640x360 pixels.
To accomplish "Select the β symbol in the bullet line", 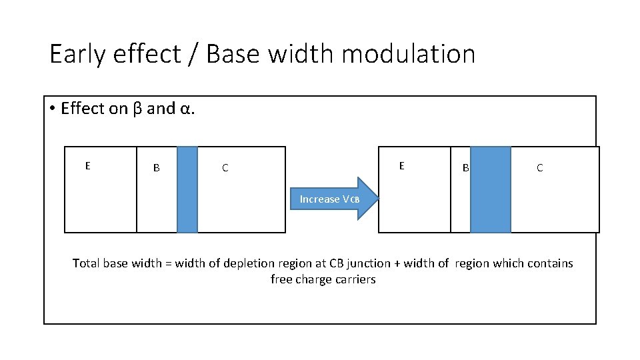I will (137, 108).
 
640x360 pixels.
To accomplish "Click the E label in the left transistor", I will (87, 165).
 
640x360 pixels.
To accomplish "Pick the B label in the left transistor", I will (157, 168).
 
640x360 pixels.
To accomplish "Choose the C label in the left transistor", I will (225, 168).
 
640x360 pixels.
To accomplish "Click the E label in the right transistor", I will (401, 165).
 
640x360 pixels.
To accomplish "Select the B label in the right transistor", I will (466, 168).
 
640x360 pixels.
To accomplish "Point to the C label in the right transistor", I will (539, 168).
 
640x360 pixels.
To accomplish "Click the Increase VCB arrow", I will (333, 199).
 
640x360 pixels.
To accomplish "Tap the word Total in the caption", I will (86, 263).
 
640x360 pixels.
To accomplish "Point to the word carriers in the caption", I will (355, 280).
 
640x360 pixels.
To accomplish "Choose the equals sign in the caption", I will (168, 264).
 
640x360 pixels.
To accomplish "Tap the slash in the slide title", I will (195, 54).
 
